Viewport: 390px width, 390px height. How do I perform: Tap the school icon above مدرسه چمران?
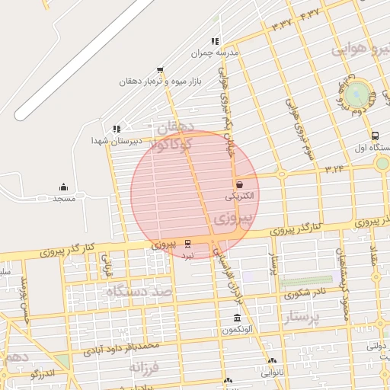tap(216, 41)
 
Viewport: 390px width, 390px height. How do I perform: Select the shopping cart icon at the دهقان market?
tap(160, 69)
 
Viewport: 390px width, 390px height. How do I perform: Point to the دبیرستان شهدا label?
tap(108, 141)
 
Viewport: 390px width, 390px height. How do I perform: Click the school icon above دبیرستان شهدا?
tap(116, 129)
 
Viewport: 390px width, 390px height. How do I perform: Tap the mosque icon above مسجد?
tap(63, 187)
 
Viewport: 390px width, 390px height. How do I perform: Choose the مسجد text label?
tap(63, 199)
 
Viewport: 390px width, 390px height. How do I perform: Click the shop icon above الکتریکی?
tap(240, 184)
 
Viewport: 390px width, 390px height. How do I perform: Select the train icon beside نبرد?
tap(188, 244)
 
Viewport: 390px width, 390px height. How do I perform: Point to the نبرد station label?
tap(187, 256)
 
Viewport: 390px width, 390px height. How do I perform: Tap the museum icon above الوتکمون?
tap(237, 318)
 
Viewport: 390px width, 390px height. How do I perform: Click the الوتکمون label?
tap(237, 330)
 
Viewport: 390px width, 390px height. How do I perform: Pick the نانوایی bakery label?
tap(271, 372)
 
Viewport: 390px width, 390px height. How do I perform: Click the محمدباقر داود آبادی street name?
tap(122, 350)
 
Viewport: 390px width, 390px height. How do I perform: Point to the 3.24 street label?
tap(334, 169)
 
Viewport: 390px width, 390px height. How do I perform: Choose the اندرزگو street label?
tap(43, 373)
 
